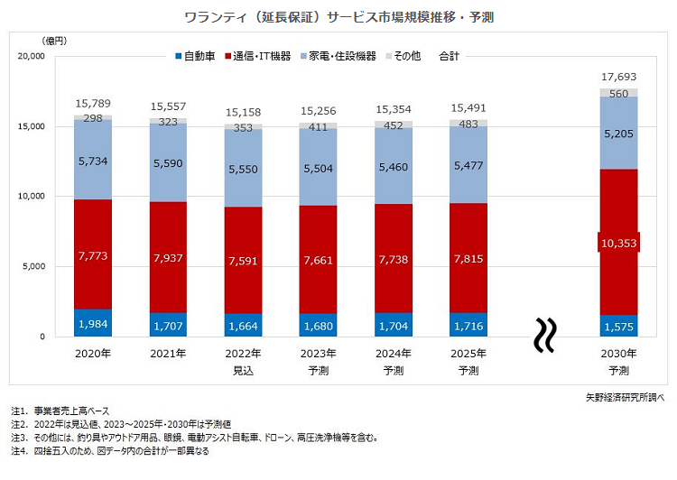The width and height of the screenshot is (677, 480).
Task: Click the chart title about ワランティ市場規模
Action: point(338,17)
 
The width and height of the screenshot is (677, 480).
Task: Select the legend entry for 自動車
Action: point(194,57)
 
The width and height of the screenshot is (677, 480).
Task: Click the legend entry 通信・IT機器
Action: point(261,57)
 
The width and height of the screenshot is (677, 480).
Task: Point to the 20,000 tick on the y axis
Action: point(31,57)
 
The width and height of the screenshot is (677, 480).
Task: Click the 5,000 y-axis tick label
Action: point(33,267)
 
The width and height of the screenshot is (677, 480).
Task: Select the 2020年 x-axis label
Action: point(93,355)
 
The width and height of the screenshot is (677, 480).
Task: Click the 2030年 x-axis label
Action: point(618,355)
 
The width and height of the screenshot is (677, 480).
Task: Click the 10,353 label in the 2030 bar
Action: point(618,242)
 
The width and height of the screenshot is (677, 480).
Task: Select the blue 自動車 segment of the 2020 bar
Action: point(93,323)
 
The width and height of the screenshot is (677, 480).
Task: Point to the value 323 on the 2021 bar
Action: point(169,120)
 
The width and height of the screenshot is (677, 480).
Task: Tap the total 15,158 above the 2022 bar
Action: point(244,113)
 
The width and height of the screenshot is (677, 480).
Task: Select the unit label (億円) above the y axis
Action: point(55,41)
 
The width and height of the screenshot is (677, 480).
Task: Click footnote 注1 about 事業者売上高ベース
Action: point(71,411)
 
